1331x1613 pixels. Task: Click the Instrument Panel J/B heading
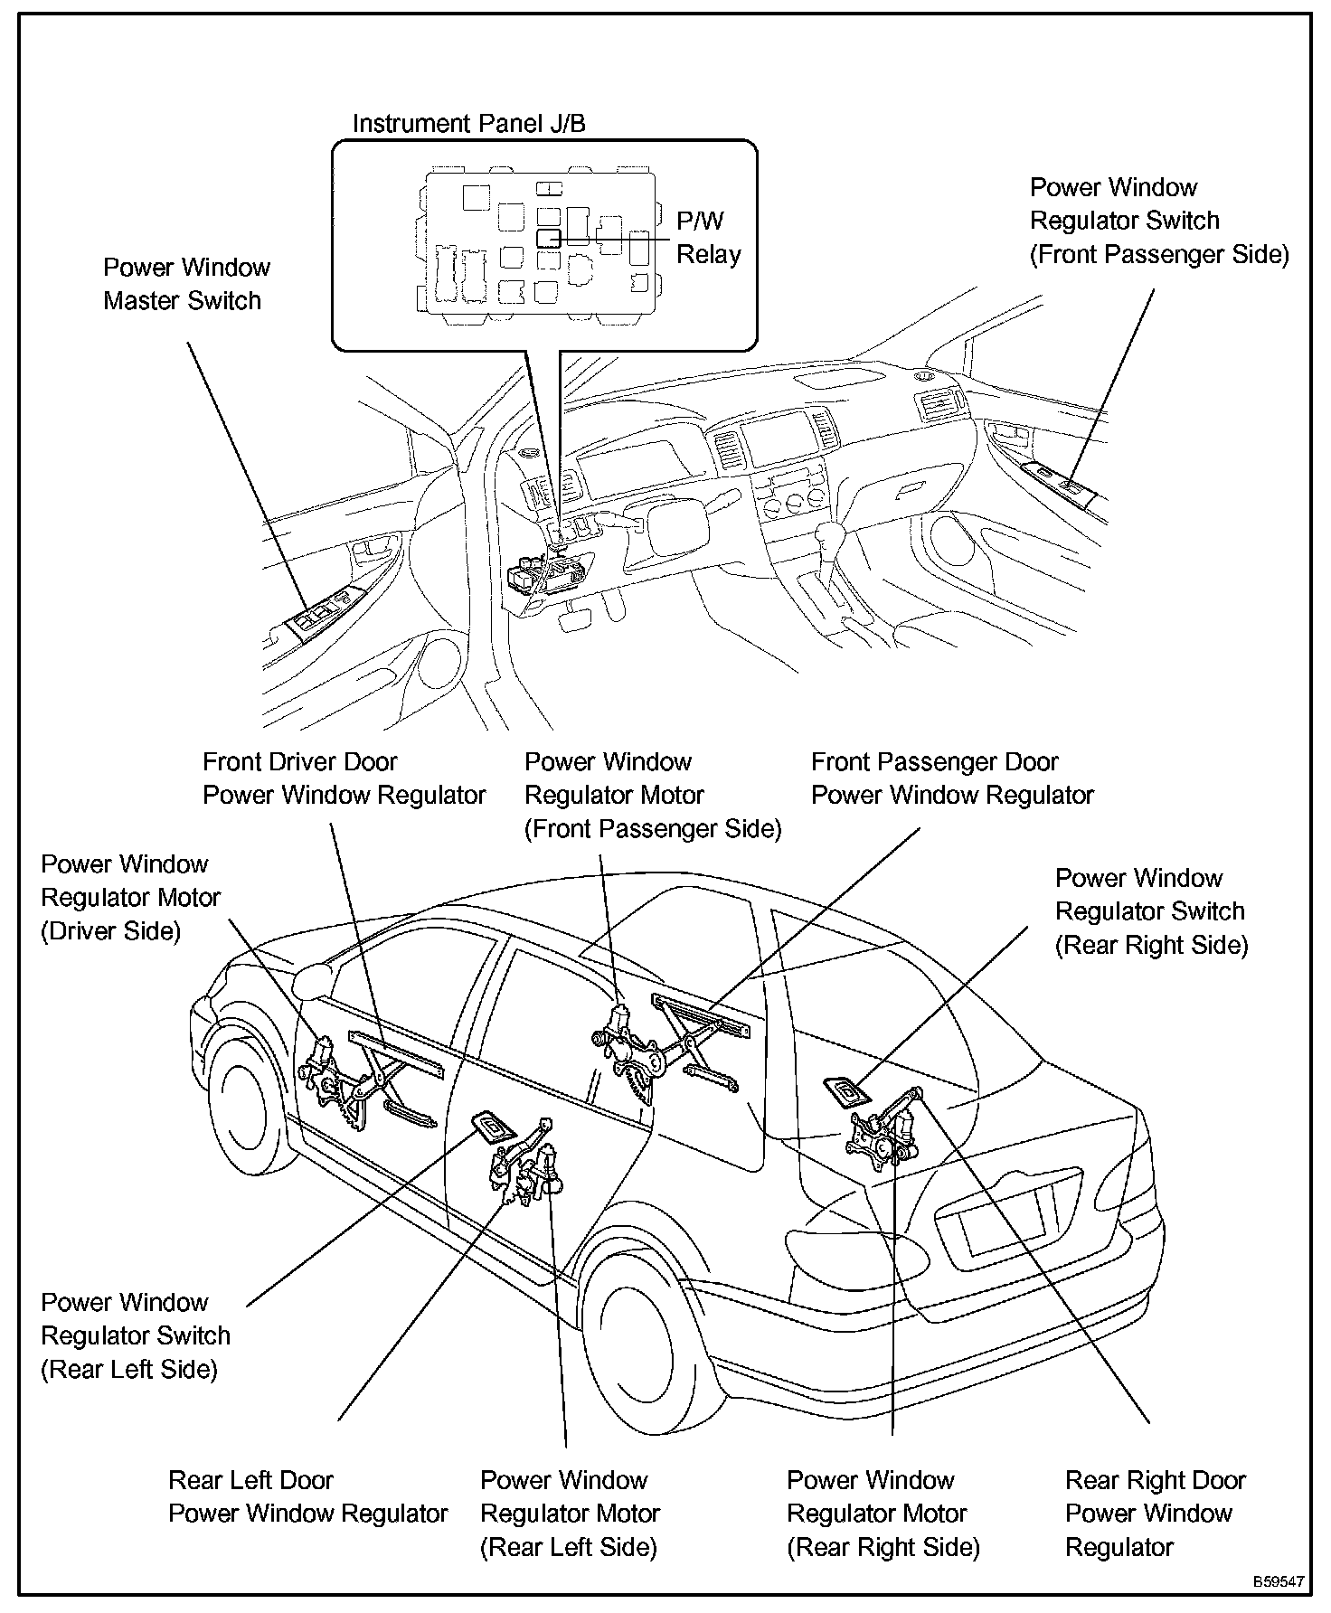pos(468,124)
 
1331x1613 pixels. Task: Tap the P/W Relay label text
pos(708,238)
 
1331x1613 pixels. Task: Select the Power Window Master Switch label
pos(186,284)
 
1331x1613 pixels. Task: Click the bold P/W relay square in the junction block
pos(548,239)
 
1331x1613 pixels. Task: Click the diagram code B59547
pos(1278,1582)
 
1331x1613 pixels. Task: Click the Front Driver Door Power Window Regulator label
pos(344,778)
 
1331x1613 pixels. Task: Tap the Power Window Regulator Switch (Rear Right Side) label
pos(1151,911)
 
